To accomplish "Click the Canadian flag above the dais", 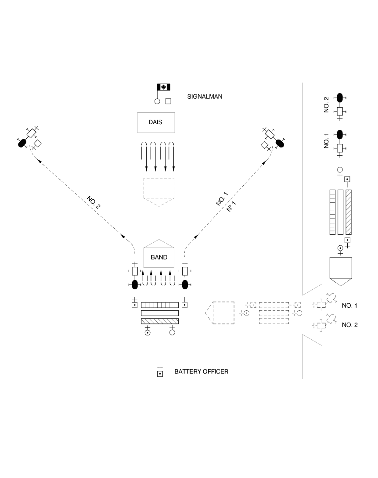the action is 164,87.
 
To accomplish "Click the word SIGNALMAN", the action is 205,97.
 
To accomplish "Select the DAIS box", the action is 156,122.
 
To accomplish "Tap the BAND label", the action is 159,257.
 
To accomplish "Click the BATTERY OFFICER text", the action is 201,372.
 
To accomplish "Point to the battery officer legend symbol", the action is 160,372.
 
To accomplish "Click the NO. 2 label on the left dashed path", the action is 94,202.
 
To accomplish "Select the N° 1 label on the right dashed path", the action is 231,206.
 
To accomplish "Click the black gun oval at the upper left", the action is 22,143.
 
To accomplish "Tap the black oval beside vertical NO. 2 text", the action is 340,98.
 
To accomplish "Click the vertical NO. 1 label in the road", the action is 326,140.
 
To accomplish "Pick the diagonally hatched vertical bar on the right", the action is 349,212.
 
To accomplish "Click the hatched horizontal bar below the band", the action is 160,321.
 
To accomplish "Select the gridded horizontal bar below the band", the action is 160,305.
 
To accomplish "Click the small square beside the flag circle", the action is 168,101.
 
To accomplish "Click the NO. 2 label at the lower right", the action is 349,325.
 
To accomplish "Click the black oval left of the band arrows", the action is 135,284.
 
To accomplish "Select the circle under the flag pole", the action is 157,101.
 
